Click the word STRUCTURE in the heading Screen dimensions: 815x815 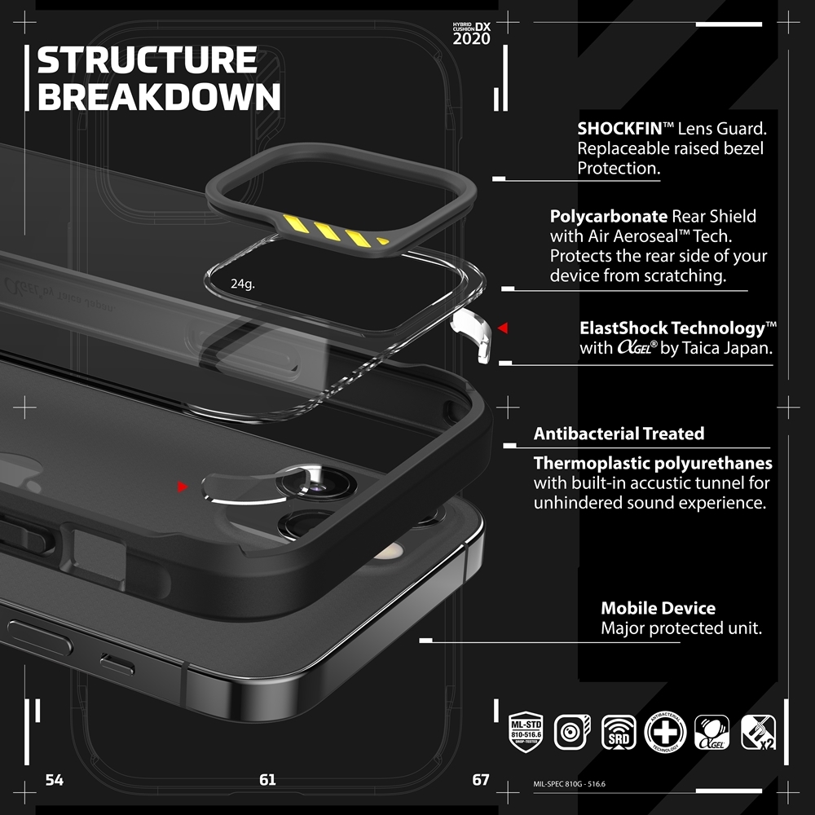(147, 61)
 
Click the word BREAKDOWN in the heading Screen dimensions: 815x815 (159, 96)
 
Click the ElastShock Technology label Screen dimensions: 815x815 (672, 328)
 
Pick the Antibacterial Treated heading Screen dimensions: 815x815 (619, 434)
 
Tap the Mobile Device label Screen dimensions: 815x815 (658, 608)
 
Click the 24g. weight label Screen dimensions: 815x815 (242, 284)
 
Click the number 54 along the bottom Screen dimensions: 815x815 (54, 780)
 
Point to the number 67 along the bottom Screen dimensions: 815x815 (481, 780)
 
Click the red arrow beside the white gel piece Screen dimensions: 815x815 (503, 328)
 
